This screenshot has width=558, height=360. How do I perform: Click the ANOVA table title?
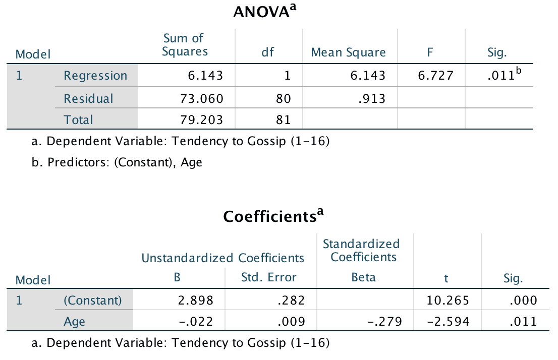264,12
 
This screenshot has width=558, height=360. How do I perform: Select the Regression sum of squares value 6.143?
205,76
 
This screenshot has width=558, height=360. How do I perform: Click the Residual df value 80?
284,98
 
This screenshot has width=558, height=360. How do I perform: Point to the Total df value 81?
284,120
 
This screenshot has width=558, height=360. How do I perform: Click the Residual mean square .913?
372,98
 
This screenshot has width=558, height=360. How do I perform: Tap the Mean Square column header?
348,52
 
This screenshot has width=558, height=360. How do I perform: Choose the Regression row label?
95,76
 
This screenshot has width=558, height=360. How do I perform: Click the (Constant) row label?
93,301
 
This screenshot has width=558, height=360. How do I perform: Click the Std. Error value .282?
292,301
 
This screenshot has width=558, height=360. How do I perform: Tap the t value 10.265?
448,301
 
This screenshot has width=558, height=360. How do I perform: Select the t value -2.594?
448,321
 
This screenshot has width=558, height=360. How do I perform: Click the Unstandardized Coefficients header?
223,258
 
